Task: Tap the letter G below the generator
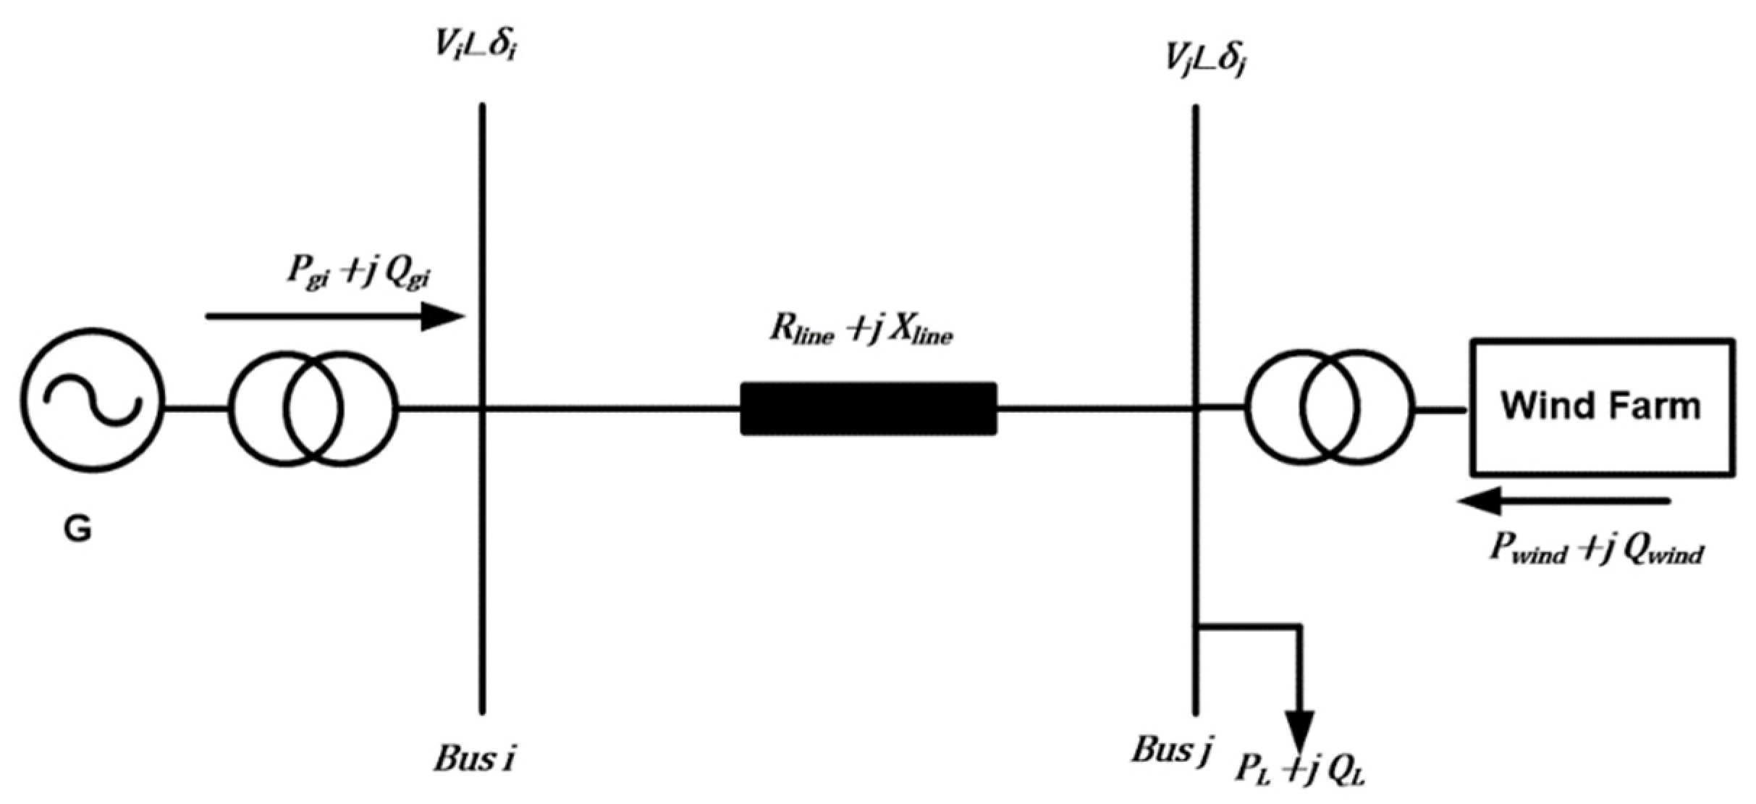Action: click(78, 529)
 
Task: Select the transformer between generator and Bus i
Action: click(313, 409)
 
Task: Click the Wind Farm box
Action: click(1601, 407)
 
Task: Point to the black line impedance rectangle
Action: click(868, 409)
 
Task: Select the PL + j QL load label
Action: click(1300, 770)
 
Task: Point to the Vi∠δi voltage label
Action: click(476, 46)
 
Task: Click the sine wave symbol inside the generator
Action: click(93, 399)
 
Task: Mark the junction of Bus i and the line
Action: click(482, 409)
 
